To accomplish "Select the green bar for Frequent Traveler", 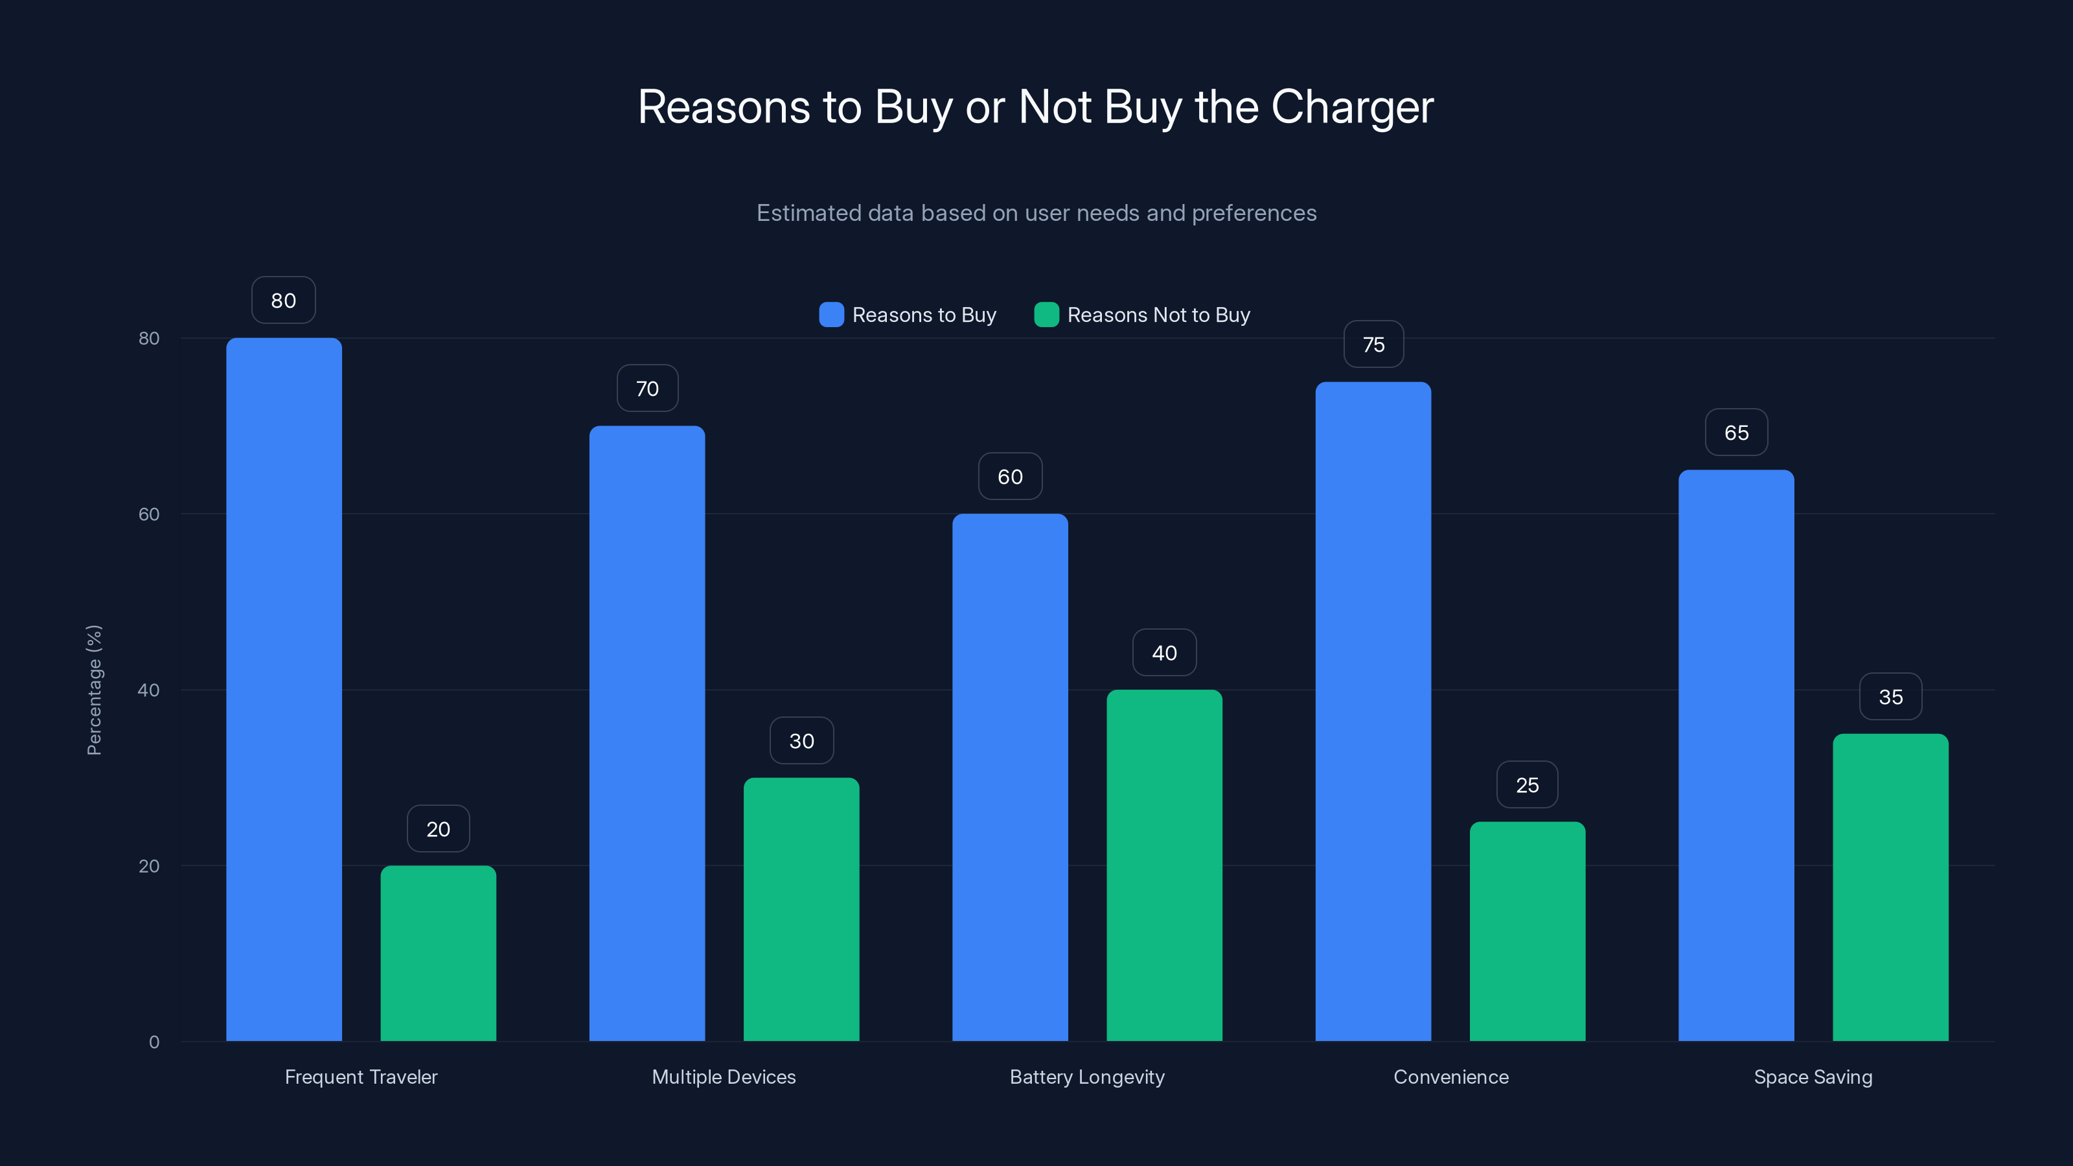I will pyautogui.click(x=438, y=953).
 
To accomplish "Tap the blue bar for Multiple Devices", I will pyautogui.click(x=647, y=733).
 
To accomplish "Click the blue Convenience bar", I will pyautogui.click(x=1373, y=711).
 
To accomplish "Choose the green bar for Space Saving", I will pyautogui.click(x=1890, y=887).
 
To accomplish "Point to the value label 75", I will pyautogui.click(x=1373, y=345).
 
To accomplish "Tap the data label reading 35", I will pyautogui.click(x=1890, y=697).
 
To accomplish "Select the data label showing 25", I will pyautogui.click(x=1527, y=784).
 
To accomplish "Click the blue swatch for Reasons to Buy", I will pyautogui.click(x=831, y=315).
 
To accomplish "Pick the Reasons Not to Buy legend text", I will pyautogui.click(x=1158, y=315).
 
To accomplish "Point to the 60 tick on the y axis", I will pyautogui.click(x=149, y=514).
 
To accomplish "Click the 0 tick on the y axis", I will pyautogui.click(x=154, y=1042).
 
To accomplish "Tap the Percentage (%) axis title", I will pyautogui.click(x=94, y=690).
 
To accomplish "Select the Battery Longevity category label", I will pyautogui.click(x=1086, y=1077).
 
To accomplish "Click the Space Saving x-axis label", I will pyautogui.click(x=1813, y=1077).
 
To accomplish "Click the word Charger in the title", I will pyautogui.click(x=1352, y=107).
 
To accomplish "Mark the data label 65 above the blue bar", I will pyautogui.click(x=1736, y=433).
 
